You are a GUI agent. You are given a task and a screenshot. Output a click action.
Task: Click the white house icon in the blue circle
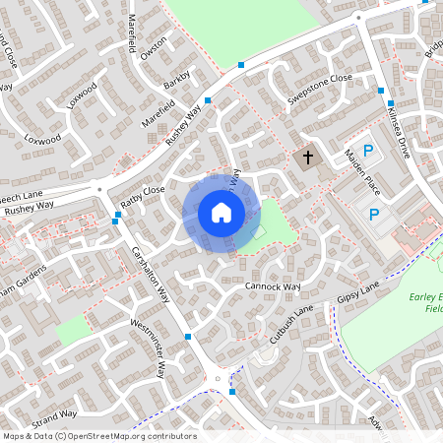(x=221, y=213)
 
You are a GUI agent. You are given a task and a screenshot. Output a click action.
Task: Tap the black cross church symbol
(x=307, y=158)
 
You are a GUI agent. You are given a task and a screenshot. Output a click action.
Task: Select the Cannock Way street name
(x=273, y=287)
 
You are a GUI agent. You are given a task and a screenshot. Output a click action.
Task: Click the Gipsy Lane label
(x=357, y=296)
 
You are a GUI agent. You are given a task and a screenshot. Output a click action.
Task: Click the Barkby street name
(x=176, y=81)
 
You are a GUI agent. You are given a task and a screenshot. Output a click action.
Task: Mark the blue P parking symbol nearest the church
(x=368, y=151)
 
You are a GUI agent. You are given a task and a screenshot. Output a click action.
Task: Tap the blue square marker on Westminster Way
(x=188, y=337)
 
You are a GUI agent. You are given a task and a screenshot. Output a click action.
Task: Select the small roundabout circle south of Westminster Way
(x=217, y=376)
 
